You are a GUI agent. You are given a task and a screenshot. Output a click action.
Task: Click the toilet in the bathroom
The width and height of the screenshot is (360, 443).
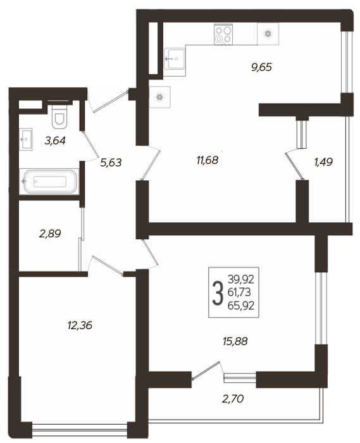click(59, 116)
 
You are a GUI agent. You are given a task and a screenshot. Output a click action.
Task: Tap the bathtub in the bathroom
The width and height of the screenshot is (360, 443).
click(49, 182)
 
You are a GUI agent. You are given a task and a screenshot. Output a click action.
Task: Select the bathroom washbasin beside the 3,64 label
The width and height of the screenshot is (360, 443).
click(26, 139)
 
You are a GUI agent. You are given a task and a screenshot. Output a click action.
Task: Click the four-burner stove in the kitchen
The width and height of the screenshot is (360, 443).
click(223, 34)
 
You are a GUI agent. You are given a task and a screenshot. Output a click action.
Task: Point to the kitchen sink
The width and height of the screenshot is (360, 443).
click(175, 59)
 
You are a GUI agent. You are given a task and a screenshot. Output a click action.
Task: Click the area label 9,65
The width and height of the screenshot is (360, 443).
click(261, 67)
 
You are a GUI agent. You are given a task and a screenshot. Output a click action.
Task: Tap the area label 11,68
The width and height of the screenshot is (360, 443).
click(208, 161)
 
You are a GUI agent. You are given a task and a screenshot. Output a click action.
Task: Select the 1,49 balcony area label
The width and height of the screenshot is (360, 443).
click(323, 162)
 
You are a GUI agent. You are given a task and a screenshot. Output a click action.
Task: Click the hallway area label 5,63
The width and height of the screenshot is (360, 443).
click(111, 163)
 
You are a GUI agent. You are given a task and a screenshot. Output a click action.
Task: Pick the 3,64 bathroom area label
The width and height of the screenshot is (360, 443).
click(55, 140)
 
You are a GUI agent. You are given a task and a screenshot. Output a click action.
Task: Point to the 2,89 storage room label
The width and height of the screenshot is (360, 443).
click(50, 234)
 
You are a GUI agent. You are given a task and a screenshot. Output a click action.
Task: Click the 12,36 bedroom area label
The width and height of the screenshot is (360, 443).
click(80, 325)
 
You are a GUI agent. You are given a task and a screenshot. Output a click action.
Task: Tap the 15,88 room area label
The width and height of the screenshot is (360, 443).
click(235, 341)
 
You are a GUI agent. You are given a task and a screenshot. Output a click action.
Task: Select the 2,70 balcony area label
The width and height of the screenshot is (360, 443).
click(233, 399)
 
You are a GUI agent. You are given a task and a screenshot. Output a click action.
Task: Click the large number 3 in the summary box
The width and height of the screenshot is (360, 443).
click(218, 293)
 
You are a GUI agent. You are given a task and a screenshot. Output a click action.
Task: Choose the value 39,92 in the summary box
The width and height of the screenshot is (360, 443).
click(241, 280)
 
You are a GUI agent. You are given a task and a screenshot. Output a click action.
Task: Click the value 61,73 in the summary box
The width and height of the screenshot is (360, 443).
click(239, 292)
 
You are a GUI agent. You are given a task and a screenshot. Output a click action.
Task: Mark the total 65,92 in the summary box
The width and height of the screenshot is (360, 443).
click(241, 306)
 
